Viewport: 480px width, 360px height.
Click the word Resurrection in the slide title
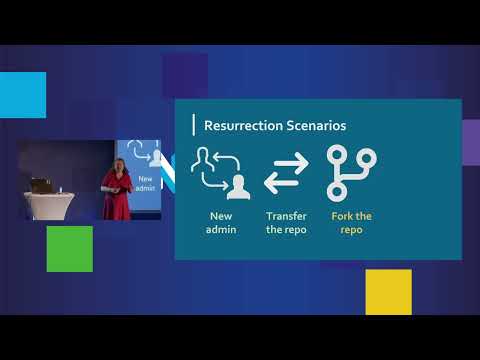click(238, 126)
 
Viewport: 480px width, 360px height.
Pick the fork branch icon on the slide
click(350, 171)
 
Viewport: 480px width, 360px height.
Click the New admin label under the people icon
click(221, 222)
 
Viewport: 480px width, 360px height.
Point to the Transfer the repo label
click(286, 222)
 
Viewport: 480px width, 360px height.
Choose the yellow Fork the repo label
click(350, 222)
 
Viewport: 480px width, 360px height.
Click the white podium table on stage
click(45, 205)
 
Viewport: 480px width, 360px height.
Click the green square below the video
click(69, 248)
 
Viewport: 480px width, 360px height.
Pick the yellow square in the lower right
click(388, 292)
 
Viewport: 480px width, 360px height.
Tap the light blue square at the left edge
click(22, 95)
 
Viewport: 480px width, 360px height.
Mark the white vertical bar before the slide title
click(193, 126)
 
